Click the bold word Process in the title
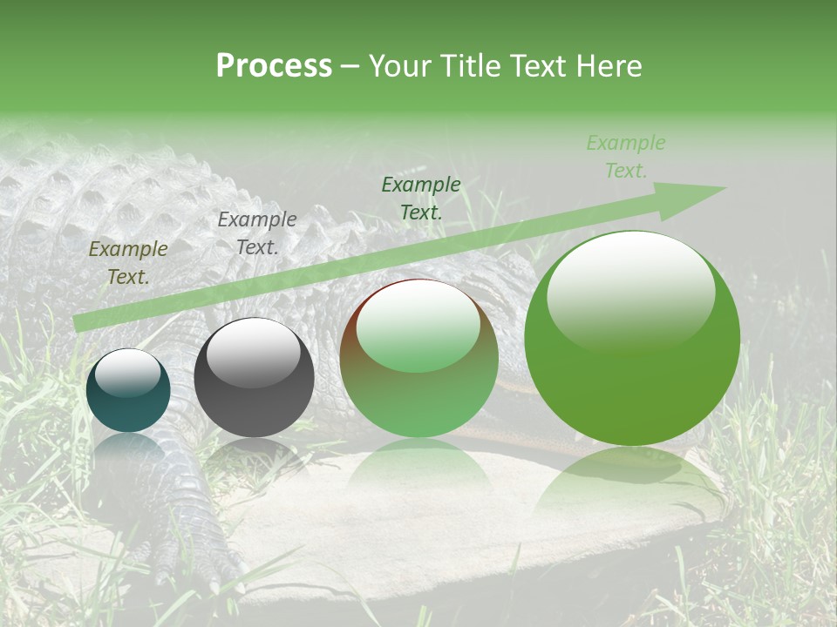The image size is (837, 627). coord(274,66)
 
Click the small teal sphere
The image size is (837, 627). coord(128,391)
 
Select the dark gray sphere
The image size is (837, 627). coord(254,378)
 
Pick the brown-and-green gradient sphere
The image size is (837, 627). coord(418,359)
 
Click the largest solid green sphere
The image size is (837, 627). coord(632,339)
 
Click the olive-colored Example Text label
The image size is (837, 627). coord(128,263)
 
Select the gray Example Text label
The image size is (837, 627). coord(257,233)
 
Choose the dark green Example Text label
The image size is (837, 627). coord(421,198)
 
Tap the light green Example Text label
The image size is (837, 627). coord(626,157)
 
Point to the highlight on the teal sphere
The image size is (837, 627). coord(127,374)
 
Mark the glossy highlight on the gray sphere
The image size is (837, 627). coord(253,353)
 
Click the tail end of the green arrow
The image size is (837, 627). coord(83,322)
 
